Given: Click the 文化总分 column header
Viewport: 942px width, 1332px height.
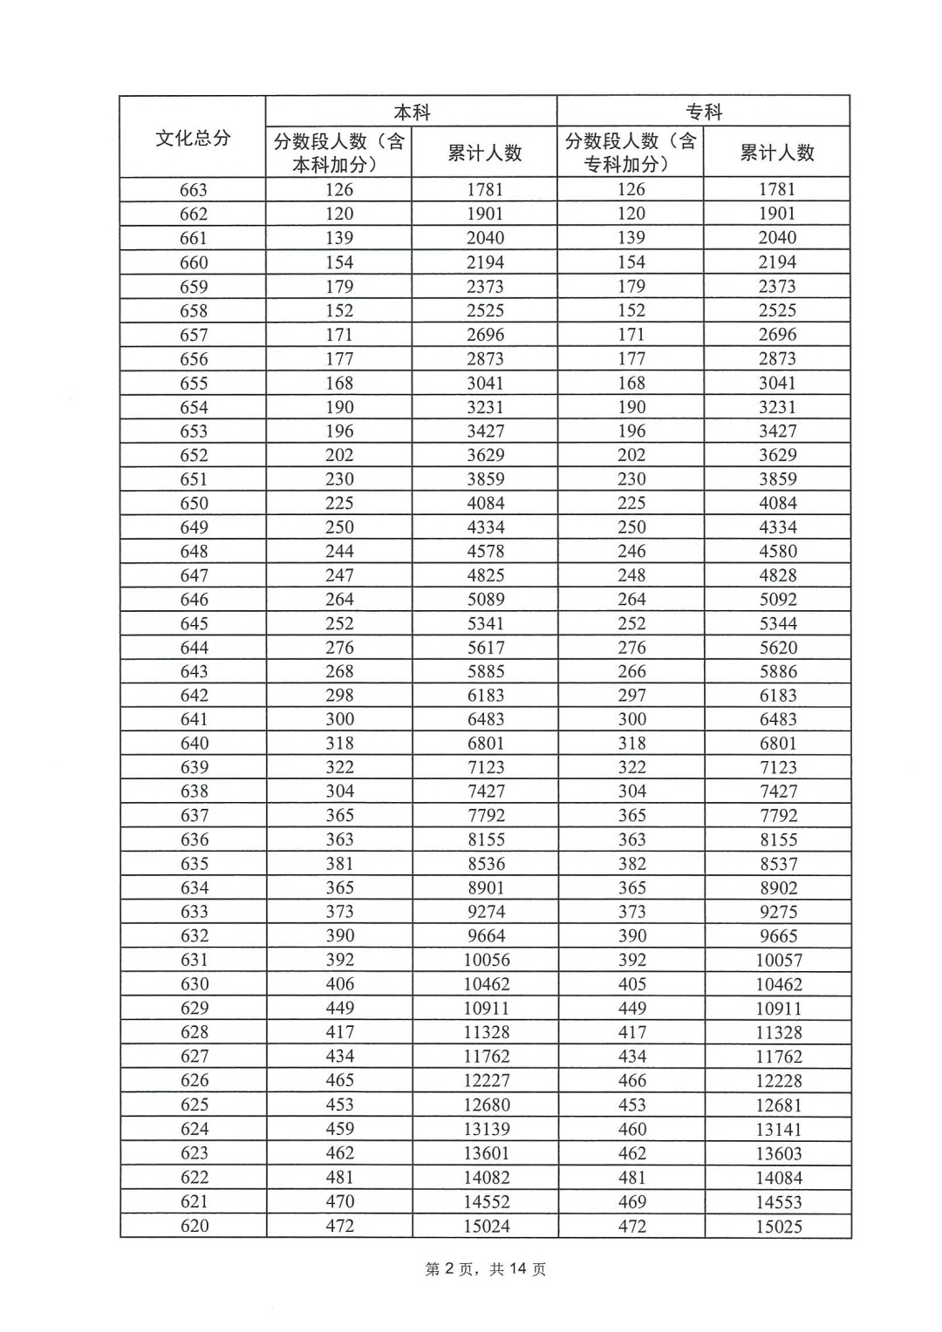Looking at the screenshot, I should [193, 138].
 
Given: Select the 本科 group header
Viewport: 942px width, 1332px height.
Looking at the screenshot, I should [412, 112].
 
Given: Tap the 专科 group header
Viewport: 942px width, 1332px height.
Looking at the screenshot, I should [704, 112].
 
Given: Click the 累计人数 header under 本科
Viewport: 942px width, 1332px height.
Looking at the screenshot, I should [484, 153].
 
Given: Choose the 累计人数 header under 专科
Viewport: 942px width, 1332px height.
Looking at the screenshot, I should [777, 153].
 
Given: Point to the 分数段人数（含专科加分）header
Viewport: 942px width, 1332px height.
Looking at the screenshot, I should [631, 153].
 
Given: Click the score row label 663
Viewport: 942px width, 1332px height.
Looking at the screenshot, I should [194, 190].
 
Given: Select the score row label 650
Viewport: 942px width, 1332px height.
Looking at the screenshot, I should [194, 503].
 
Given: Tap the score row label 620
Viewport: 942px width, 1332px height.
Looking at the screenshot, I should [194, 1226].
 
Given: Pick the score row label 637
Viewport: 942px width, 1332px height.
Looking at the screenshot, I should [194, 815].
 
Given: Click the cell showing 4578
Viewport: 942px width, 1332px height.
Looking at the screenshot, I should [484, 551].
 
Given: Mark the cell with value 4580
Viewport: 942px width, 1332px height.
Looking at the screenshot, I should [777, 551].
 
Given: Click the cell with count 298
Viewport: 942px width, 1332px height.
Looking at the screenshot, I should [339, 695].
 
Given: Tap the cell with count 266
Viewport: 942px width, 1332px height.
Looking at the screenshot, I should [631, 671].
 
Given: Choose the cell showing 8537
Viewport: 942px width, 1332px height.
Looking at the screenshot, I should [778, 864].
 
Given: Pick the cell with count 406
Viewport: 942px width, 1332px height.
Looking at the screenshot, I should [340, 984].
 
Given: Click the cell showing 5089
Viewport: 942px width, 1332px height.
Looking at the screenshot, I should [484, 599].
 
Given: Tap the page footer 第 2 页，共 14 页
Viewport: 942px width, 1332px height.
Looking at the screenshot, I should [486, 1269].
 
